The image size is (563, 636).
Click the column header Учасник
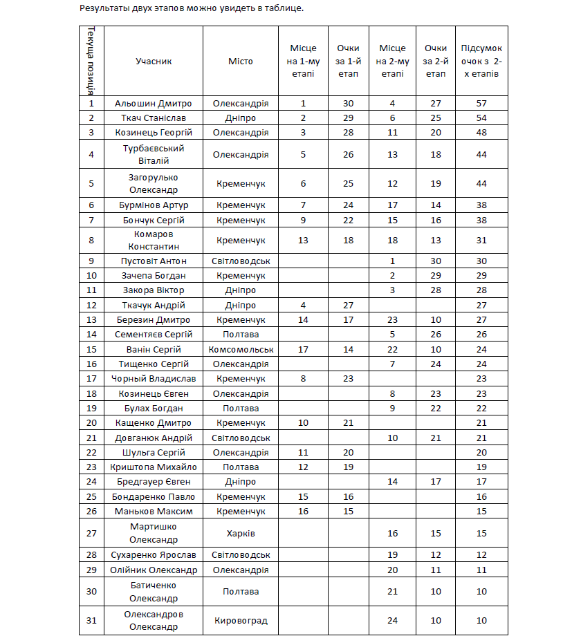154,61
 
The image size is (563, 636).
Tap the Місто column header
241,61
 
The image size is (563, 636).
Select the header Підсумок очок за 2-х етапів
481,61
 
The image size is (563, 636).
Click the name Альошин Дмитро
154,104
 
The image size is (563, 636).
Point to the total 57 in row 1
481,104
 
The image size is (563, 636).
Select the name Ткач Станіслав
154,118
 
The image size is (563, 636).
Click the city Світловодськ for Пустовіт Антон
241,261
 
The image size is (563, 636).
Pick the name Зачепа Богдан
154,276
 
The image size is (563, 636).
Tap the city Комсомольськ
241,349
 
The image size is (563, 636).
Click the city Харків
241,533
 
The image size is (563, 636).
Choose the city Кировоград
241,621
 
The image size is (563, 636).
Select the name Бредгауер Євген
154,482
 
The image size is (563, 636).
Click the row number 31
91,621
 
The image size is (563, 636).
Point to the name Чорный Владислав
154,378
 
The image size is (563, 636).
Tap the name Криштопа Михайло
154,467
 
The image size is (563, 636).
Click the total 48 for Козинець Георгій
481,132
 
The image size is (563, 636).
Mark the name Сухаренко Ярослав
154,555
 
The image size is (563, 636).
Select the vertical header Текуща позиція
91,61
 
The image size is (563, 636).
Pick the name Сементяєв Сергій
154,334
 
